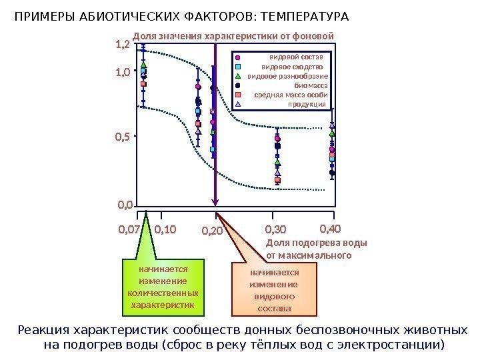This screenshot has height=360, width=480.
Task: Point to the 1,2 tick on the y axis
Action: click(x=123, y=45)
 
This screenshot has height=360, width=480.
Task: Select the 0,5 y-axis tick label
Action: click(x=123, y=137)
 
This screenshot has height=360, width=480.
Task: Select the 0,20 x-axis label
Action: click(x=212, y=231)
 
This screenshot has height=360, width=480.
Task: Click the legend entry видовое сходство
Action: click(x=292, y=67)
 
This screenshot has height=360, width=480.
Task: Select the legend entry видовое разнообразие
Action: click(x=287, y=76)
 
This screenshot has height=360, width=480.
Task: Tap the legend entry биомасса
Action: click(x=310, y=85)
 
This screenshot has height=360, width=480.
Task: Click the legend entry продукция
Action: click(x=307, y=104)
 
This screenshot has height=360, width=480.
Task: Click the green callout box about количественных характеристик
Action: click(x=163, y=288)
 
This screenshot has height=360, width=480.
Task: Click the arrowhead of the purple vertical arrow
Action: click(x=215, y=203)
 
